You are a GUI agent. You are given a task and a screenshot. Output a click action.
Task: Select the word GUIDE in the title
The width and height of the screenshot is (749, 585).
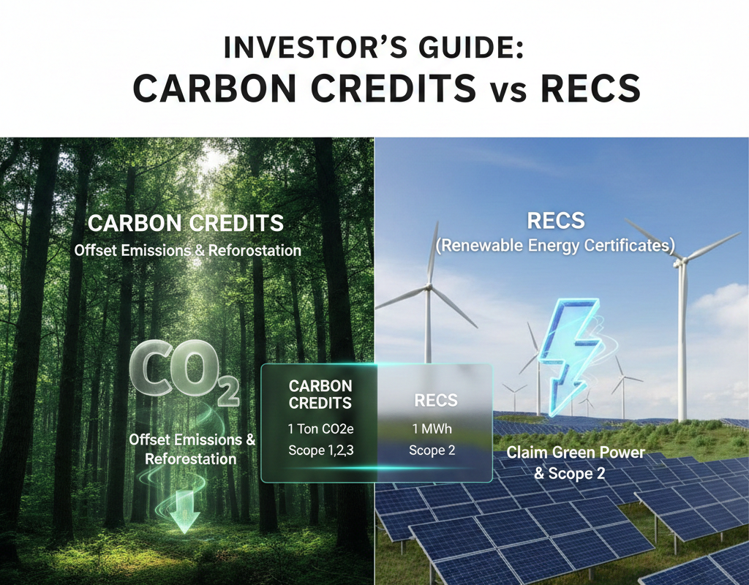pyautogui.click(x=463, y=49)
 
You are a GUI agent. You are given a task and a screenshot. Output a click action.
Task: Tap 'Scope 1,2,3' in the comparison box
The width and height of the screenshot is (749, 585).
pyautogui.click(x=320, y=450)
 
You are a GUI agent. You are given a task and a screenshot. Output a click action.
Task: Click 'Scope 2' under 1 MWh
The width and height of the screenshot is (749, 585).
pyautogui.click(x=432, y=450)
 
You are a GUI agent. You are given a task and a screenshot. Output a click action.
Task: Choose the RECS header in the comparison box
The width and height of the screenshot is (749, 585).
pyautogui.click(x=436, y=400)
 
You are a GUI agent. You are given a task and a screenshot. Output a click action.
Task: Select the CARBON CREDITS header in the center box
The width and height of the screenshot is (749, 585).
pyautogui.click(x=320, y=394)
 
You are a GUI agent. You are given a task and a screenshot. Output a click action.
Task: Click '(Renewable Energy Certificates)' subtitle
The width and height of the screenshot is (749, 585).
pyautogui.click(x=554, y=246)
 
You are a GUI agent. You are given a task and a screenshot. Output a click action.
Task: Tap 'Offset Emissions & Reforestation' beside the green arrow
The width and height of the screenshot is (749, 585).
pyautogui.click(x=192, y=449)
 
